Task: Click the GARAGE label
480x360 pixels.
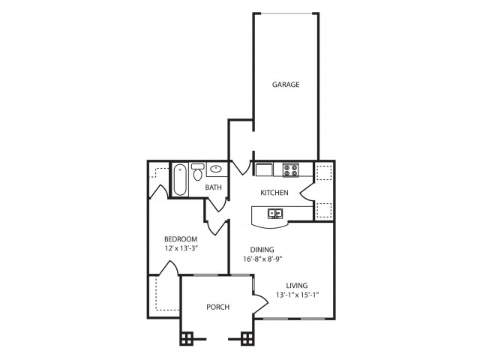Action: click(286, 85)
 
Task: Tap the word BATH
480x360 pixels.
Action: click(214, 187)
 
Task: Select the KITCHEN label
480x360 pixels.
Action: click(274, 193)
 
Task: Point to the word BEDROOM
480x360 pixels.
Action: click(181, 239)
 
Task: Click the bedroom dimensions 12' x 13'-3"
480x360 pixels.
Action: click(181, 249)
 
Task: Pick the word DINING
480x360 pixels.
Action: click(262, 250)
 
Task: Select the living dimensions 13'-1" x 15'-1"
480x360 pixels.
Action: click(298, 295)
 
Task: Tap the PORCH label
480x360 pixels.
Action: click(217, 307)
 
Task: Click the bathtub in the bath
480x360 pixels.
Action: click(180, 180)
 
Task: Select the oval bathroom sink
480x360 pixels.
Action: click(216, 169)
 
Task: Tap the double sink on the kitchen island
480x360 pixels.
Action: click(275, 214)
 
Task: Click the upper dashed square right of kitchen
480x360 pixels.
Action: click(324, 172)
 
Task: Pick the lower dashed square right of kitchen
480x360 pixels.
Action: click(324, 209)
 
